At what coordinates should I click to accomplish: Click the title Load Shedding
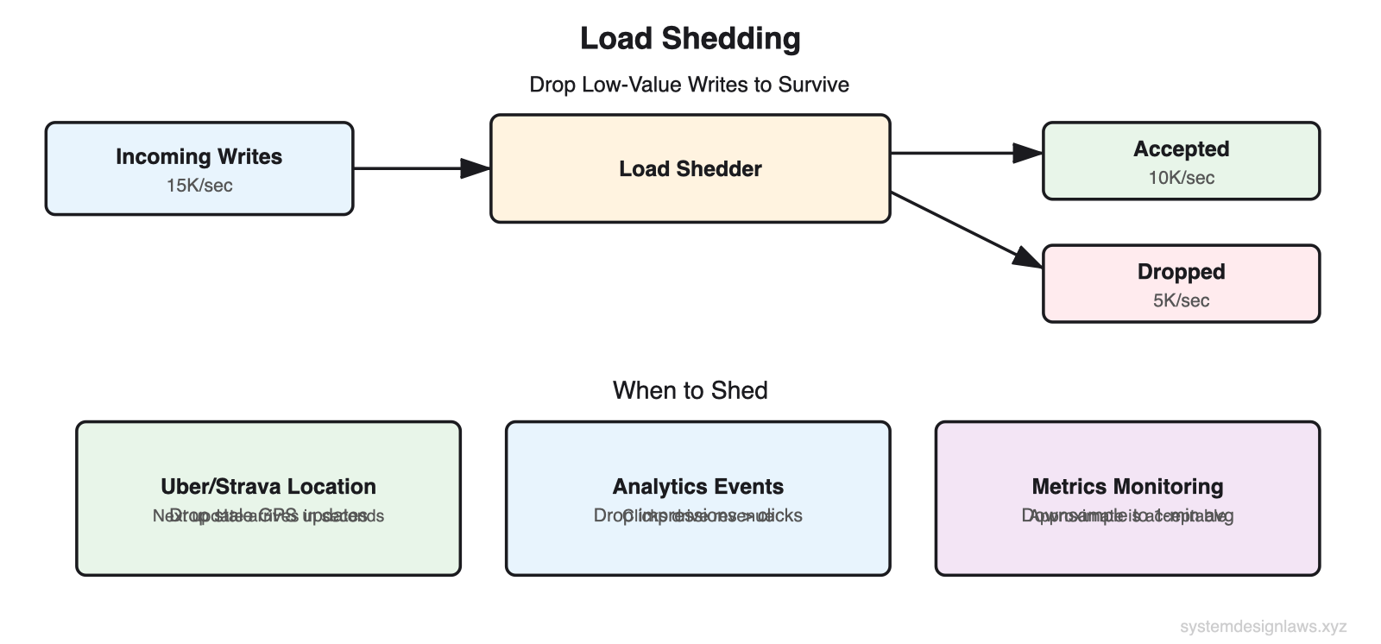[x=690, y=39]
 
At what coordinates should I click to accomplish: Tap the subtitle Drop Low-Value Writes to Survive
[x=689, y=85]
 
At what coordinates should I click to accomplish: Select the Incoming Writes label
[x=199, y=156]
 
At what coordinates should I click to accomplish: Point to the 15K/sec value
[x=199, y=186]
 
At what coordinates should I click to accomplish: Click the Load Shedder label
[x=690, y=168]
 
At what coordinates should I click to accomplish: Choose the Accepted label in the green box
[x=1181, y=148]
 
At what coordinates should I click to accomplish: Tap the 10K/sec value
[x=1181, y=178]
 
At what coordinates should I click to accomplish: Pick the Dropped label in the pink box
[x=1181, y=272]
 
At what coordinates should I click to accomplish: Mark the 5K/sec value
[x=1181, y=300]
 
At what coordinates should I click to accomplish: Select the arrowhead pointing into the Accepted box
[x=1029, y=153]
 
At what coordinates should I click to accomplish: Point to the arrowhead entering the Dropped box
[x=1028, y=256]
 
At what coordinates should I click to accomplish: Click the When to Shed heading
[x=690, y=390]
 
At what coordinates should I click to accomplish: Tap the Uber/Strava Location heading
[x=268, y=486]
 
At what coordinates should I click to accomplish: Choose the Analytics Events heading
[x=697, y=486]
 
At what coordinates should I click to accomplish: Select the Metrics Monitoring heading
[x=1127, y=486]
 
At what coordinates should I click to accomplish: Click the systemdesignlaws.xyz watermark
[x=1263, y=627]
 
